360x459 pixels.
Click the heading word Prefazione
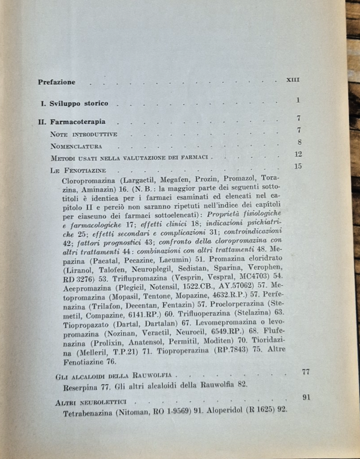pos(57,82)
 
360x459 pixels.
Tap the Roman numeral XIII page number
pos(294,80)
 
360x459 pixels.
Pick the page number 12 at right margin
pos(299,154)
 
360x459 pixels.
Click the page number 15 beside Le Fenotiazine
pos(299,167)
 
